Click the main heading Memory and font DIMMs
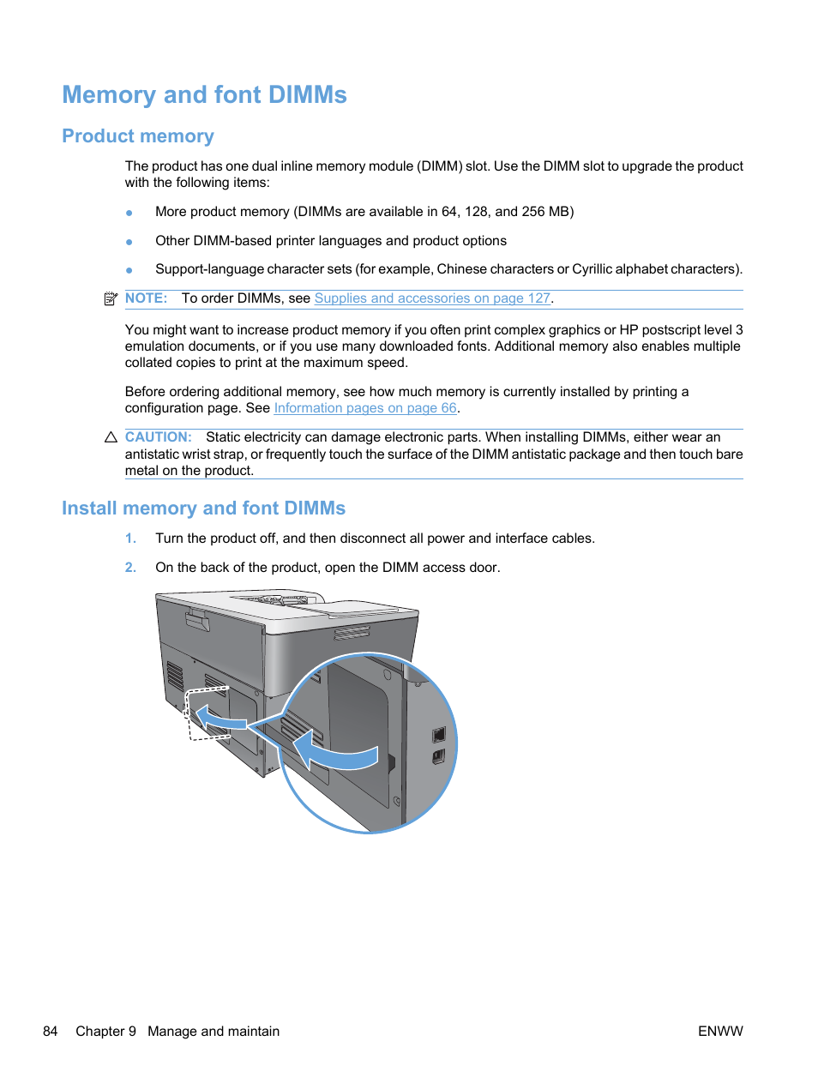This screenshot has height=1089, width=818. (x=204, y=95)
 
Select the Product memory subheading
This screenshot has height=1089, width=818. (x=138, y=136)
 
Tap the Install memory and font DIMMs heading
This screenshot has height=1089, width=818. (x=203, y=508)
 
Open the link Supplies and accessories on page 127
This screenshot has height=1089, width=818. (x=432, y=298)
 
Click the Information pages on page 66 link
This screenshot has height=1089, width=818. (x=365, y=408)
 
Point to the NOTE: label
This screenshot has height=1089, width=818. (x=146, y=298)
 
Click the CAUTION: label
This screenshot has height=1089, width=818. (x=158, y=437)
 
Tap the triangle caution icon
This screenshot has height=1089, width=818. (x=111, y=437)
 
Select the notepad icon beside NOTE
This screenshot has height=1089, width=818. (x=111, y=298)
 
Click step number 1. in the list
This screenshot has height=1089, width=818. (x=130, y=538)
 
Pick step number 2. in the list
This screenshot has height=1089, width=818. (x=130, y=568)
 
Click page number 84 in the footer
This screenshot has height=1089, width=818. (x=51, y=1032)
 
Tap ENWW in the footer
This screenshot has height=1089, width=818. (x=720, y=1032)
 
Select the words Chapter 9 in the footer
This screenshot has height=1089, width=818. (x=105, y=1032)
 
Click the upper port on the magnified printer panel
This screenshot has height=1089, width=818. (x=439, y=734)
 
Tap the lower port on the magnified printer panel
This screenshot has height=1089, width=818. (x=439, y=756)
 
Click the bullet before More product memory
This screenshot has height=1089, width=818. (x=129, y=213)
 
